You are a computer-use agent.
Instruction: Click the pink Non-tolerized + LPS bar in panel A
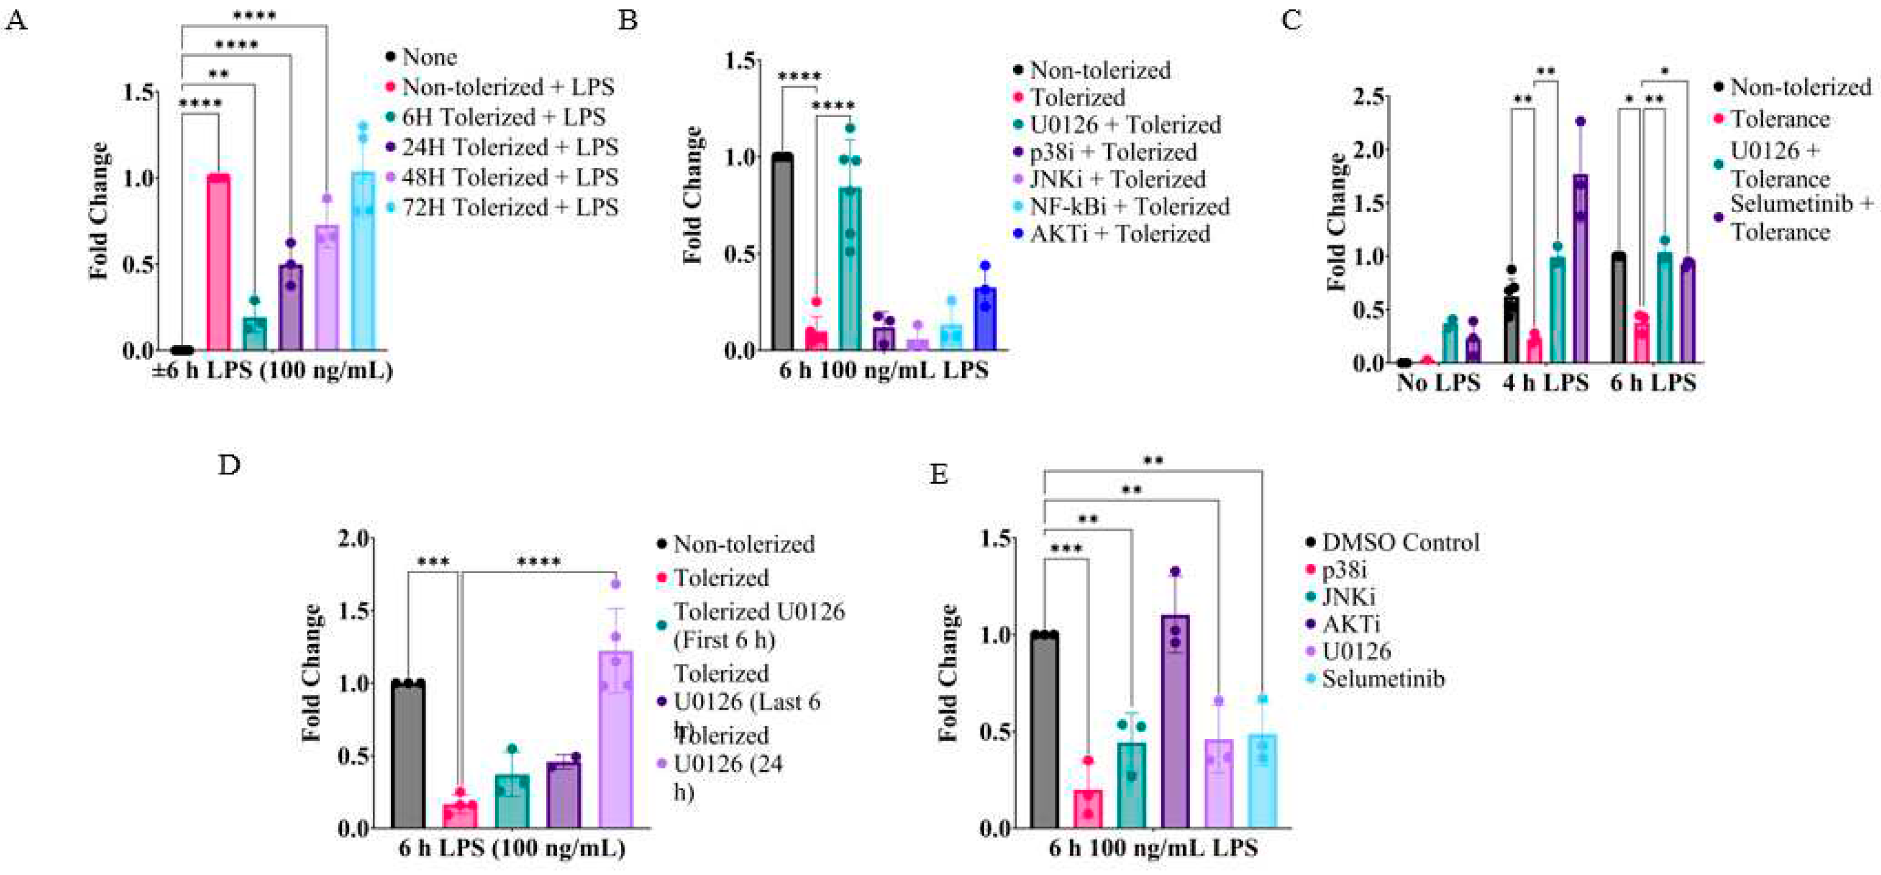click(x=218, y=263)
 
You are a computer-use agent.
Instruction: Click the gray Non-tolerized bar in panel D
click(x=408, y=755)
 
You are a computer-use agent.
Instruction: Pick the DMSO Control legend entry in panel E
click(x=1400, y=543)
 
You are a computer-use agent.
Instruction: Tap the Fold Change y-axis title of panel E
click(x=948, y=672)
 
